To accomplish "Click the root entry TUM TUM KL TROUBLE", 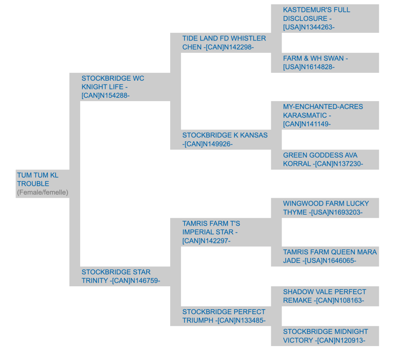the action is [x=38, y=179].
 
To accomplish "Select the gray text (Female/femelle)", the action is [x=43, y=192].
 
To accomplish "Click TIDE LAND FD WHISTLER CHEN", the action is [x=224, y=43].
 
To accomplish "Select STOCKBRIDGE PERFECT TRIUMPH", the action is [x=224, y=316].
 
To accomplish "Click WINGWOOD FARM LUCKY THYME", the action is [x=326, y=208].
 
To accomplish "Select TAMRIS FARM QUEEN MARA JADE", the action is [x=330, y=256].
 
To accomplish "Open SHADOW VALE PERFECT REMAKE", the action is [x=324, y=296].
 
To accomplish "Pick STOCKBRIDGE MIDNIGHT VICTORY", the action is [x=325, y=336].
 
